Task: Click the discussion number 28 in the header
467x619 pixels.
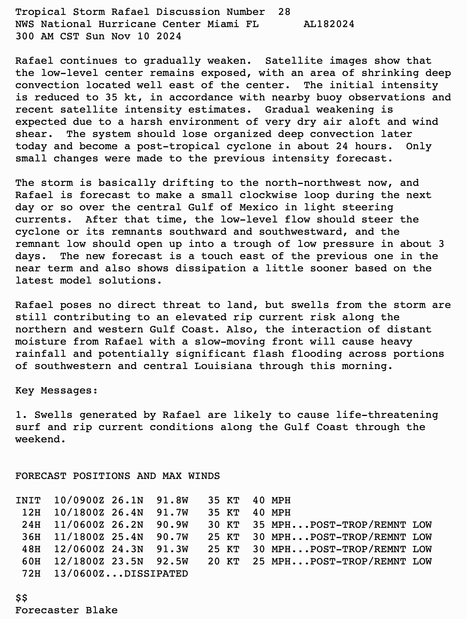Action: (x=284, y=12)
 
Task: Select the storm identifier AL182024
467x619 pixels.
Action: (x=329, y=24)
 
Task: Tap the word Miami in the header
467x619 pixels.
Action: (x=223, y=24)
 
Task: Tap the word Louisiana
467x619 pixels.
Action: (x=223, y=366)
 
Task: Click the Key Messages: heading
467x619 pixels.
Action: (x=56, y=390)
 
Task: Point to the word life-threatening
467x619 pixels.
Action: (x=387, y=415)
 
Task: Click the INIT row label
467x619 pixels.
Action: (x=28, y=500)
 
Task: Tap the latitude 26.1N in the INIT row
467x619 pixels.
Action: (x=127, y=500)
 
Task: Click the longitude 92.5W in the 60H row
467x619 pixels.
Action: (x=172, y=561)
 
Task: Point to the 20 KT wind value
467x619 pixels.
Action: (x=223, y=561)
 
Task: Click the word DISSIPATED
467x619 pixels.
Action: (x=156, y=574)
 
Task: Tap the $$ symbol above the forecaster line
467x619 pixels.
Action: (x=21, y=598)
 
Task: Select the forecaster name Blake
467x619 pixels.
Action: (x=101, y=610)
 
